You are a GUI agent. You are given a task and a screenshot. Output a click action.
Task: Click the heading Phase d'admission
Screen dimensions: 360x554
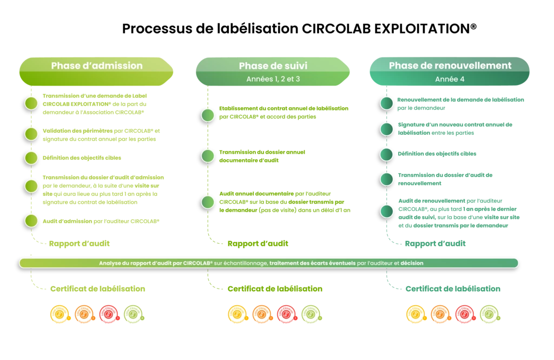pyautogui.click(x=97, y=66)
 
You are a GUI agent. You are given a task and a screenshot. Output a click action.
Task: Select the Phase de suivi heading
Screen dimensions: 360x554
pyautogui.click(x=273, y=66)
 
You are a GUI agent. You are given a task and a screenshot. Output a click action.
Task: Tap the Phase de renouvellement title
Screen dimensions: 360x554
pyautogui.click(x=450, y=65)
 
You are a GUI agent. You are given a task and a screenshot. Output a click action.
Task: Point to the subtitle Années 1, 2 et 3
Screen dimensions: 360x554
pyautogui.click(x=273, y=79)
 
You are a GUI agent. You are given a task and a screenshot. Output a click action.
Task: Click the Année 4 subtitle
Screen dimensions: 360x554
pyautogui.click(x=450, y=79)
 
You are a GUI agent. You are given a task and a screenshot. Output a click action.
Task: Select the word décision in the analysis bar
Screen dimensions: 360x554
pyautogui.click(x=412, y=263)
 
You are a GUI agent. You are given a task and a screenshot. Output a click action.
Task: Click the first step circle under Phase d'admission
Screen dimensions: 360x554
pyautogui.click(x=31, y=103)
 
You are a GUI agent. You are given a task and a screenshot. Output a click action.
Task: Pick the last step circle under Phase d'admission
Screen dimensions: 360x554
pyautogui.click(x=31, y=221)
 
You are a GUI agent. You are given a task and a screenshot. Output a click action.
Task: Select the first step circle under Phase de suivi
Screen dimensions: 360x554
pyautogui.click(x=208, y=115)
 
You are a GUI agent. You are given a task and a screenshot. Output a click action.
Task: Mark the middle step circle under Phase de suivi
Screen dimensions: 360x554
pyautogui.click(x=208, y=156)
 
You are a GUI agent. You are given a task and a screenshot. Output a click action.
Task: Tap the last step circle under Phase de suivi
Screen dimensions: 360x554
pyautogui.click(x=208, y=202)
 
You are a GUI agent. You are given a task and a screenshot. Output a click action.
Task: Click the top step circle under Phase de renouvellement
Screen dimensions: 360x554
pyautogui.click(x=386, y=103)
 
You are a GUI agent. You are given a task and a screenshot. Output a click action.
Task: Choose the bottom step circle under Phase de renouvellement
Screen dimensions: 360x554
pyautogui.click(x=386, y=211)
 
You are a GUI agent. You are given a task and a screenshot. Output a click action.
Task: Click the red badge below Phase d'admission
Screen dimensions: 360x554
pyautogui.click(x=108, y=313)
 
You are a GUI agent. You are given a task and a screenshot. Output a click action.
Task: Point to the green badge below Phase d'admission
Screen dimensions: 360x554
pyautogui.click(x=133, y=313)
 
